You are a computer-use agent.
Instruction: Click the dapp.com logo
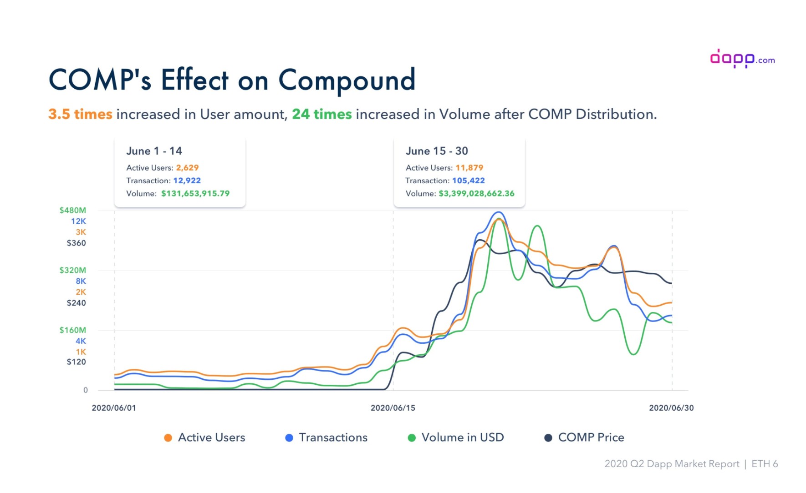742,58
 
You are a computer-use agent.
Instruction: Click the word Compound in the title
347,81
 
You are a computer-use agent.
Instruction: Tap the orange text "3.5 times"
80,114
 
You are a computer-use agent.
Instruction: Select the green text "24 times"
321,114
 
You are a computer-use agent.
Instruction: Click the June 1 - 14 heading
154,151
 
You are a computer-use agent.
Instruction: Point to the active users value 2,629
187,168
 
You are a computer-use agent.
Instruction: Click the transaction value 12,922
187,181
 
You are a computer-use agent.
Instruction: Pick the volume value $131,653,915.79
195,193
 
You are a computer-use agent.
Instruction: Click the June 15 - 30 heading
437,151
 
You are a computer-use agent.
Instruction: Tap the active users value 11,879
469,168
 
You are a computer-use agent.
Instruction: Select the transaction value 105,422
468,181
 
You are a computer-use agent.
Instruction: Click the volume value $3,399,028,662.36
476,193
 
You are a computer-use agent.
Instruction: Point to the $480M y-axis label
72,210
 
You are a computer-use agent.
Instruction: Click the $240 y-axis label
76,303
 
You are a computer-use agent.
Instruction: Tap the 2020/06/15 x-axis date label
393,408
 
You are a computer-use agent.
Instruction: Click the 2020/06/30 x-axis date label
671,408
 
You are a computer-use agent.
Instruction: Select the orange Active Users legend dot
168,438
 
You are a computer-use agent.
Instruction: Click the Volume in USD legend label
463,438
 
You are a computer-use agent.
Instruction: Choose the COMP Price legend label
591,438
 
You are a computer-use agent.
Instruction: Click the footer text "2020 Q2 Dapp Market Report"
672,464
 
